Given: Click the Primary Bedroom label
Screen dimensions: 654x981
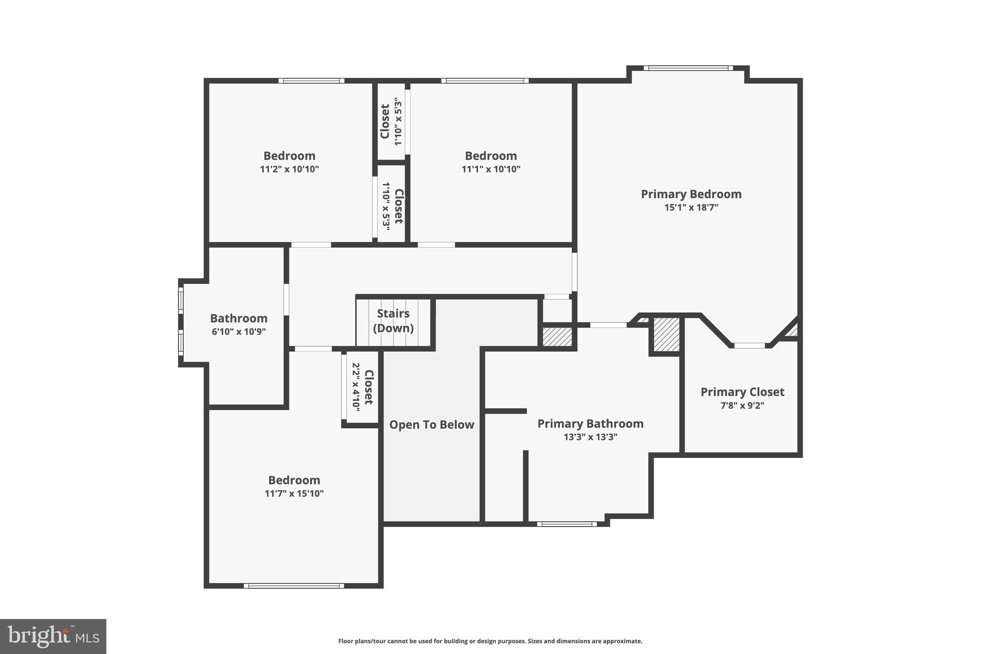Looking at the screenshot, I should [x=691, y=194].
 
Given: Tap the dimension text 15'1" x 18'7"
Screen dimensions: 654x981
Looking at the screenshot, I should [x=691, y=207].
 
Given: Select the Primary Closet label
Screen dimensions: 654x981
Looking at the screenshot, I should [x=742, y=392].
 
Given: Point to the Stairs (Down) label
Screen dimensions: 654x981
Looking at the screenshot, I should [x=393, y=321].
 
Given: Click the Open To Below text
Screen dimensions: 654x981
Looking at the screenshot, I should [x=431, y=425].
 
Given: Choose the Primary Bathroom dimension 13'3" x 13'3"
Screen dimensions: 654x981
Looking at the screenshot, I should [x=590, y=437].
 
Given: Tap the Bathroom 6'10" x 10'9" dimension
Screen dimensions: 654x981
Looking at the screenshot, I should [x=239, y=332].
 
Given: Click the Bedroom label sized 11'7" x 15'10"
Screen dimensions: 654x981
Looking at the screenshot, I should [x=294, y=480].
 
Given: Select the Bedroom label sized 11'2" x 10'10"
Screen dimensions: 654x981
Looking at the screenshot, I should [x=289, y=156].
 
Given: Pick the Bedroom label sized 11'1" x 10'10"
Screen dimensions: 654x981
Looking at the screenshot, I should [x=490, y=156].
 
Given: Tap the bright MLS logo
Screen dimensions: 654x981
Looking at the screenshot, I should [x=53, y=636].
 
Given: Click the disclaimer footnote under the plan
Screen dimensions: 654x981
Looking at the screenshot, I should [x=490, y=641].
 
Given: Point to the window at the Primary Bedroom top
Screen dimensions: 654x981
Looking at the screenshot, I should [x=688, y=68].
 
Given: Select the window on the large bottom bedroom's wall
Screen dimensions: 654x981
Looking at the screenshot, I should [x=294, y=585].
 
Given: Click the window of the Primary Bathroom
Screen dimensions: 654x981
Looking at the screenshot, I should [x=567, y=524].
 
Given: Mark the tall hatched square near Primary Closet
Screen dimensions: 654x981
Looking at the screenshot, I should [x=666, y=335].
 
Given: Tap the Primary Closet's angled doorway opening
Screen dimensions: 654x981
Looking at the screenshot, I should [x=749, y=345].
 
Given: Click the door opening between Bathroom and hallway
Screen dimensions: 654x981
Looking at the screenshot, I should [x=286, y=299].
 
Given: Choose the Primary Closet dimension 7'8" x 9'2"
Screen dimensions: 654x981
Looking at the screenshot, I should [x=742, y=405].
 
